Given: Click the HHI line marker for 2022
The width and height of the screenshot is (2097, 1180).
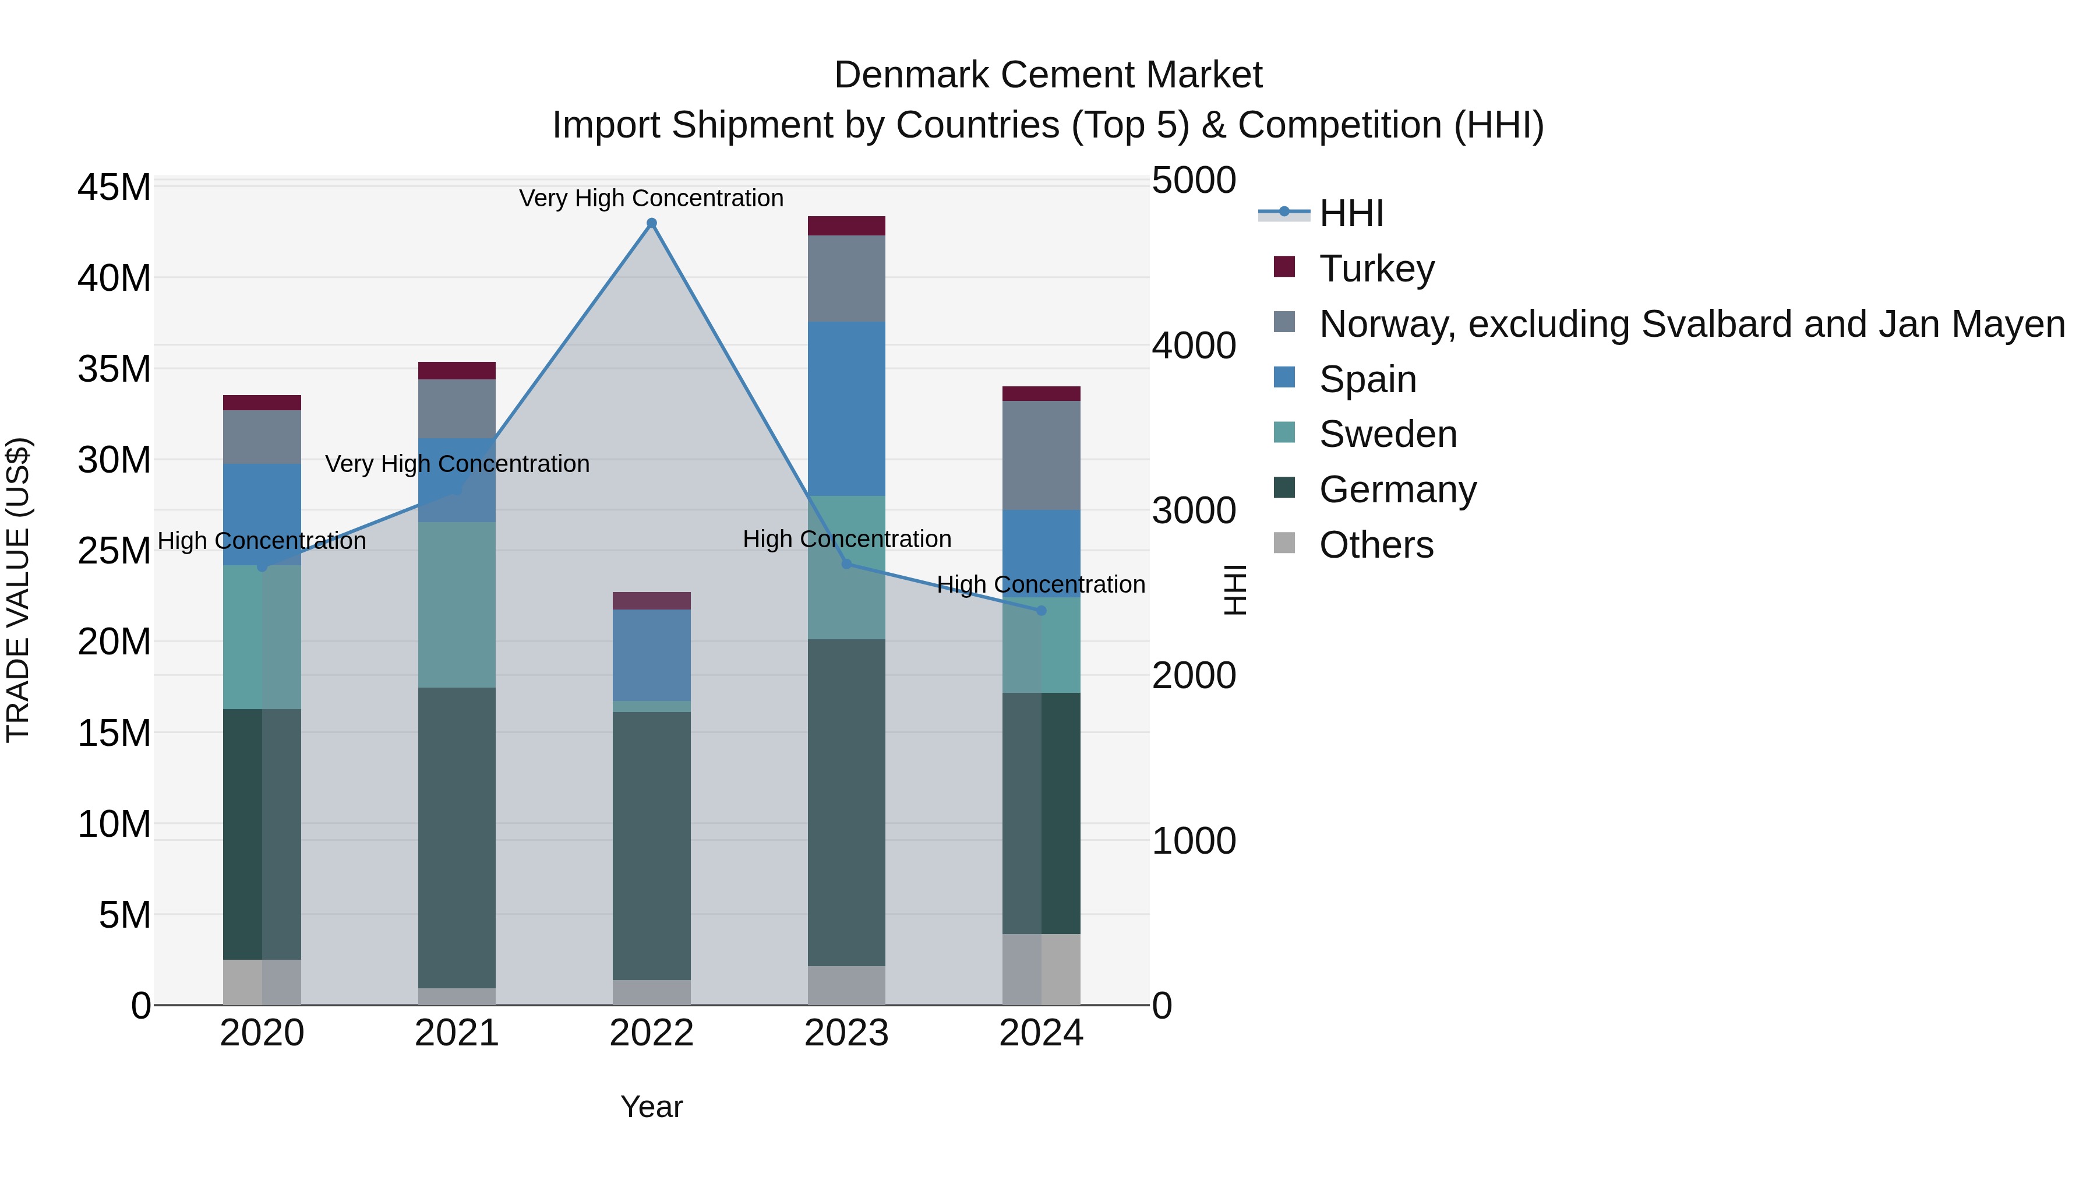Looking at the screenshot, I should (x=651, y=223).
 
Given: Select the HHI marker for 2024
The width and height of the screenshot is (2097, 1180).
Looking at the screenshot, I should (x=1040, y=611).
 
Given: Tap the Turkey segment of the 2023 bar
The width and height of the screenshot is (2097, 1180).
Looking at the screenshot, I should (x=846, y=226).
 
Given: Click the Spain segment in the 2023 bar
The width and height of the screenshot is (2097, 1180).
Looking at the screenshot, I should (x=846, y=409).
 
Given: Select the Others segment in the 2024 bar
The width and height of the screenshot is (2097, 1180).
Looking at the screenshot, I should (x=1040, y=969).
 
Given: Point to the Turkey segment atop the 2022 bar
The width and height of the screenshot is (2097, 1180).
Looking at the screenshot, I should (x=651, y=601).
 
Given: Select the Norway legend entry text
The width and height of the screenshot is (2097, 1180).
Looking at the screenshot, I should (x=1692, y=324).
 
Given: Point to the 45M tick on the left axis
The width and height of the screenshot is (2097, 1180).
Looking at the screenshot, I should (x=114, y=187).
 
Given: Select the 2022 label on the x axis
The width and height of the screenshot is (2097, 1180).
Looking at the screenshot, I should (x=651, y=1033).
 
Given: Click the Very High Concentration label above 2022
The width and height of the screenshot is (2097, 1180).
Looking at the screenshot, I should (x=651, y=198).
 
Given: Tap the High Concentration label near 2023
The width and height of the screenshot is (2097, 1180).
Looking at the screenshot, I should (x=846, y=539).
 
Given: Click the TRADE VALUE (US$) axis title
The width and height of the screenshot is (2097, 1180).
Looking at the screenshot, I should (x=18, y=590).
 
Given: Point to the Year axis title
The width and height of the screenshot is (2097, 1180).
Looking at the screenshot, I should (x=651, y=1107).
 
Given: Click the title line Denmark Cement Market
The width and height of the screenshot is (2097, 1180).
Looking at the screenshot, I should (x=1048, y=75).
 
